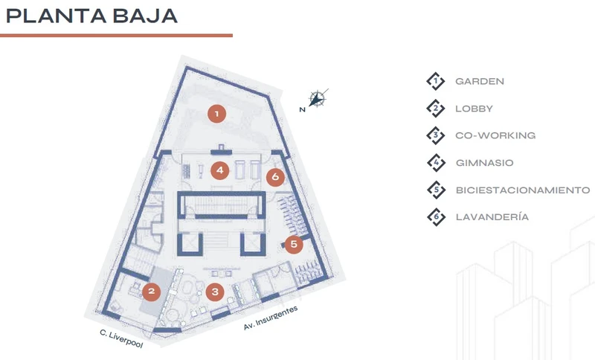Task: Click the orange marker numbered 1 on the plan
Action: pos(216,113)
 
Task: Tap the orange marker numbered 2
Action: pos(152,292)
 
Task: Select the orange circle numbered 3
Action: pos(215,292)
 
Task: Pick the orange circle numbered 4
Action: pos(220,170)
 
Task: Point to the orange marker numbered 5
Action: pos(294,244)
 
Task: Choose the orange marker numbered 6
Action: pos(275,177)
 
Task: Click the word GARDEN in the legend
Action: pos(480,81)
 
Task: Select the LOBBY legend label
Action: pos(474,109)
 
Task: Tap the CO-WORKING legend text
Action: pos(495,135)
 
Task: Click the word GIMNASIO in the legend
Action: pos(485,163)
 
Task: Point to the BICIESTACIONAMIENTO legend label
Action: pos(523,190)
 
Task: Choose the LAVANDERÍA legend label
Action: pos(492,217)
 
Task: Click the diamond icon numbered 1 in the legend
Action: pos(436,81)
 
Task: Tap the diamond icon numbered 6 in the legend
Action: pos(436,217)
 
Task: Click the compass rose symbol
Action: pos(318,99)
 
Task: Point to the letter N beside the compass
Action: pos(303,109)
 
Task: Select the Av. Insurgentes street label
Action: pos(271,318)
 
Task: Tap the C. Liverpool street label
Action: pos(121,338)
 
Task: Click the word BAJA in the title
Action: pos(145,16)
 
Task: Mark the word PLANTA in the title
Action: pos(57,16)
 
